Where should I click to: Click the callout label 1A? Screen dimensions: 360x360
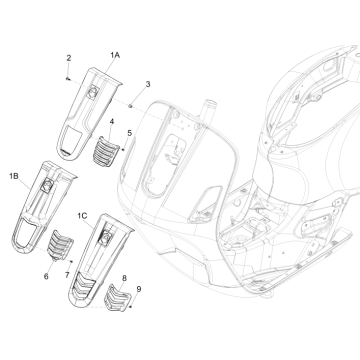[115, 55]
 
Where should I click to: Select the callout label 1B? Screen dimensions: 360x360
[14, 176]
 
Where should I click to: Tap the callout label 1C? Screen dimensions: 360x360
[82, 216]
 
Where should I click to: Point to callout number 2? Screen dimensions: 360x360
[69, 58]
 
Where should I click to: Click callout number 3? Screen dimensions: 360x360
[148, 84]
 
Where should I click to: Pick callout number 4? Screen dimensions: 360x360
[112, 122]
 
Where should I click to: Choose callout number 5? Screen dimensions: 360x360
[129, 133]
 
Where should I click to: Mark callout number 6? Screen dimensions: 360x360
[46, 276]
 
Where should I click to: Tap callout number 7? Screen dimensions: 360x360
[67, 275]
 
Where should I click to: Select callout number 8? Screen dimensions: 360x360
[124, 278]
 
